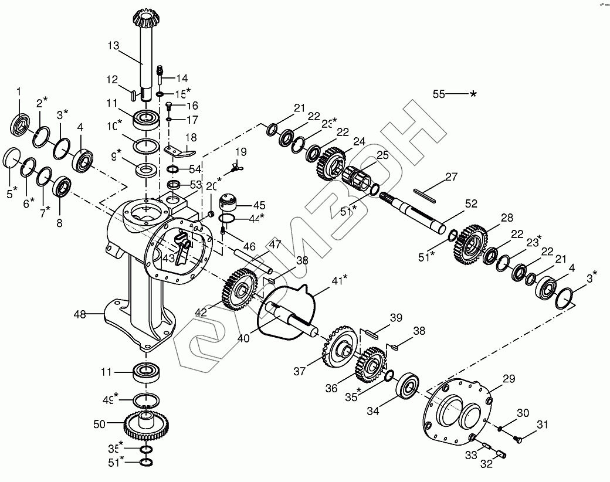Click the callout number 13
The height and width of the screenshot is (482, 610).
[113, 45]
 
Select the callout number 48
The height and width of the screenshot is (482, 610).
[80, 315]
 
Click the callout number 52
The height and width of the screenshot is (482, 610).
[471, 204]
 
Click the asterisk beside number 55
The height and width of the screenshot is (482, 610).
[473, 94]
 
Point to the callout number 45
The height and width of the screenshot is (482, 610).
[259, 205]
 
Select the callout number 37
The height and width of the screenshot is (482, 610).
[300, 371]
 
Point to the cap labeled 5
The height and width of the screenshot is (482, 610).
[11, 158]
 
